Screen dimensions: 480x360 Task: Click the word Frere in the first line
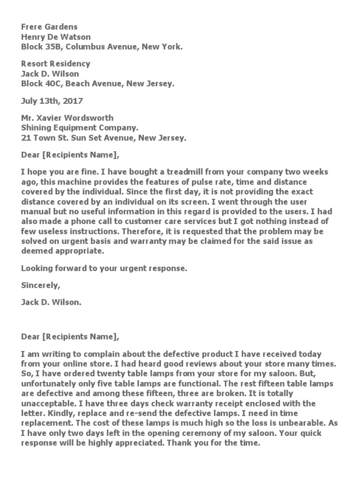(x=31, y=27)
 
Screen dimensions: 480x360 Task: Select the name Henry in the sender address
(x=33, y=37)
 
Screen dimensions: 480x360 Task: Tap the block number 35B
(x=52, y=46)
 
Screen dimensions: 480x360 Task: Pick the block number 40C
(x=52, y=84)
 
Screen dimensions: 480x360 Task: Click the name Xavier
(x=50, y=118)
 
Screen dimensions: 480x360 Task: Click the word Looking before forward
(x=35, y=268)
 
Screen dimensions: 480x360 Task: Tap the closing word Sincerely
(x=40, y=285)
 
